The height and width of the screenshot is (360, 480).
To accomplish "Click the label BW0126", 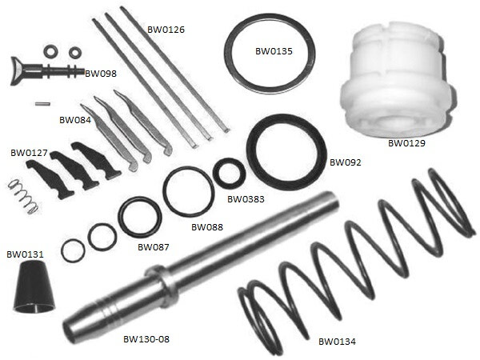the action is [x=166, y=30].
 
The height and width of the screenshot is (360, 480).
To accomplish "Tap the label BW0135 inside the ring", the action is [x=274, y=51].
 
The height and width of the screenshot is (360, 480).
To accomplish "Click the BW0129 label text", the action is [x=406, y=143].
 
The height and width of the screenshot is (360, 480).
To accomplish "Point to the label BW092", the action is [x=346, y=162].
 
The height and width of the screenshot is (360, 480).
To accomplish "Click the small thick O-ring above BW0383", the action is [x=229, y=173].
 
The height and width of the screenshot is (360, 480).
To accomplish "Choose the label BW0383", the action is [x=246, y=199].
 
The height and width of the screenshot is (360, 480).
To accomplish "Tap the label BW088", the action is [x=207, y=227].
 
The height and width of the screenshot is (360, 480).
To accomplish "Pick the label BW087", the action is [x=154, y=247].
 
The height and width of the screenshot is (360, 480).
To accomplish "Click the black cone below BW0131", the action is [x=34, y=288].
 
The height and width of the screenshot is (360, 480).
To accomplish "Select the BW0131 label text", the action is [x=25, y=254].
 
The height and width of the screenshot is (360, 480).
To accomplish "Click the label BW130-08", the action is [x=146, y=339].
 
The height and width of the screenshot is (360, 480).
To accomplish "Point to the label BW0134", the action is [x=337, y=342].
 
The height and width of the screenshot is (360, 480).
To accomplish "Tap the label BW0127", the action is [x=29, y=153].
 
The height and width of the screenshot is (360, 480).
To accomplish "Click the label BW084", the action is [x=75, y=120].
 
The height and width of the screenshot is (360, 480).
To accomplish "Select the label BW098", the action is [x=101, y=74].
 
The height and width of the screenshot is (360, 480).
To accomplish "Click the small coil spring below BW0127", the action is [x=23, y=197].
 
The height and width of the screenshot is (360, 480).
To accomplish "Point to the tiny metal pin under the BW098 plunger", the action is [x=42, y=104].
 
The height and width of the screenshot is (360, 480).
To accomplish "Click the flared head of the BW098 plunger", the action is [x=18, y=71].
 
